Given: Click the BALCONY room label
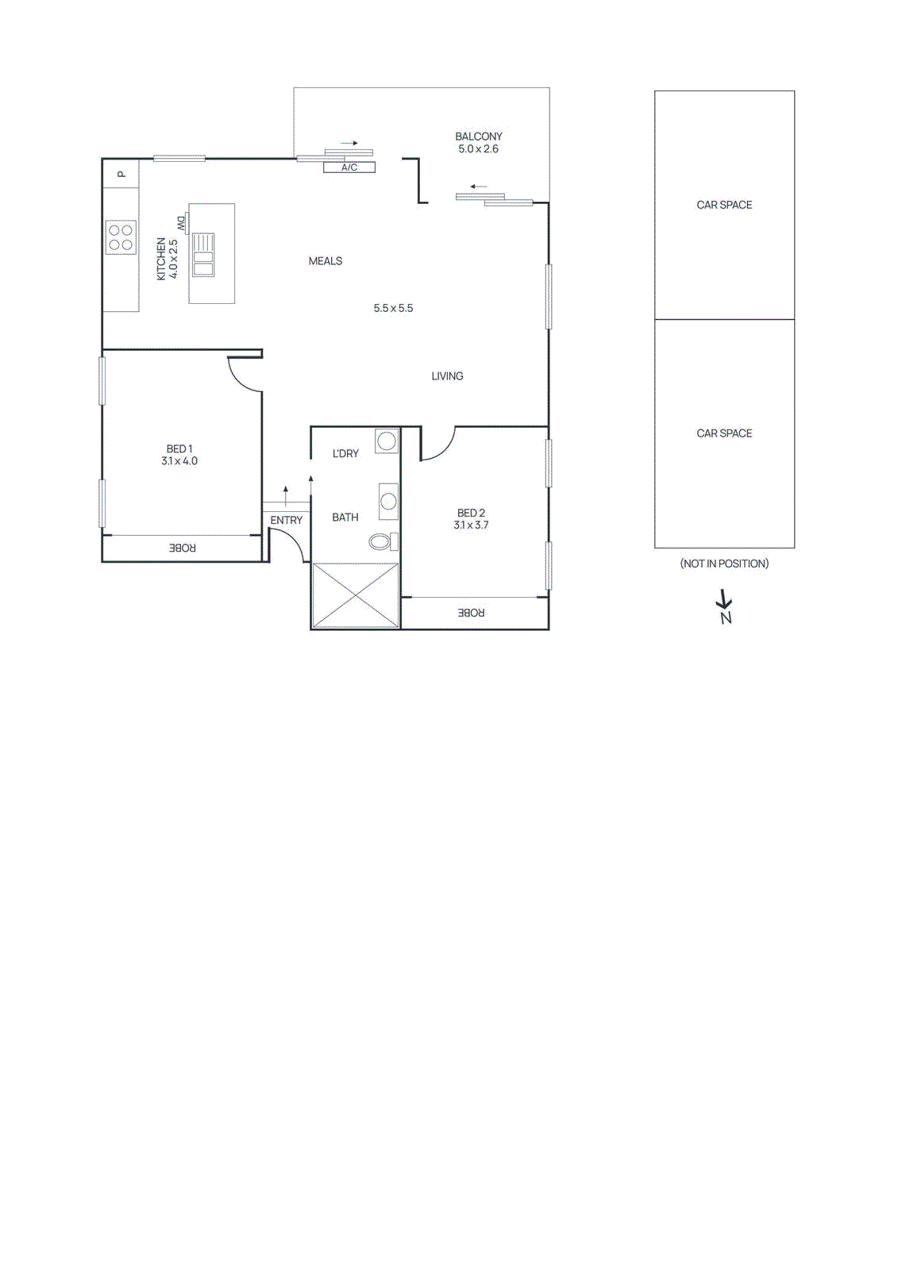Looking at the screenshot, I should point(478,137).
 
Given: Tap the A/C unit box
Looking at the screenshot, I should point(349,167).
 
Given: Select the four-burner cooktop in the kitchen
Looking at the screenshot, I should point(121,237).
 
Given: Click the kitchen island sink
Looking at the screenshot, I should point(203,254).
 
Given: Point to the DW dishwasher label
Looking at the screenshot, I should point(182,224).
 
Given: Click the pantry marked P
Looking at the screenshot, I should point(121,174).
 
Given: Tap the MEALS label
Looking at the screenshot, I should point(326,261).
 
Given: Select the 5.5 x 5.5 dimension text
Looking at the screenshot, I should point(393,308).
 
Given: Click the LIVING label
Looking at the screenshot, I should point(447,376).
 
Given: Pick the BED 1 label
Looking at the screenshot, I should point(179,448).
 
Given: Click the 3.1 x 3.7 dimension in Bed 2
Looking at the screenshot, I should point(471,525).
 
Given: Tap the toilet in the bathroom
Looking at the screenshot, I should point(382,541).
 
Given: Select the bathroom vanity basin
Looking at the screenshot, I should point(387,501).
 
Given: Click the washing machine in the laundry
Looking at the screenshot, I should point(387,441).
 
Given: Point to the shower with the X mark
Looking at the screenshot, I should point(355,595).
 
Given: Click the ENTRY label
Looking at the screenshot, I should point(286,520).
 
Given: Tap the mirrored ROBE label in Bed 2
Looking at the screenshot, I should point(471,613).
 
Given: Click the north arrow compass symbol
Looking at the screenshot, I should point(724,607).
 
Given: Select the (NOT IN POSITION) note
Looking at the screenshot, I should point(724,564).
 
